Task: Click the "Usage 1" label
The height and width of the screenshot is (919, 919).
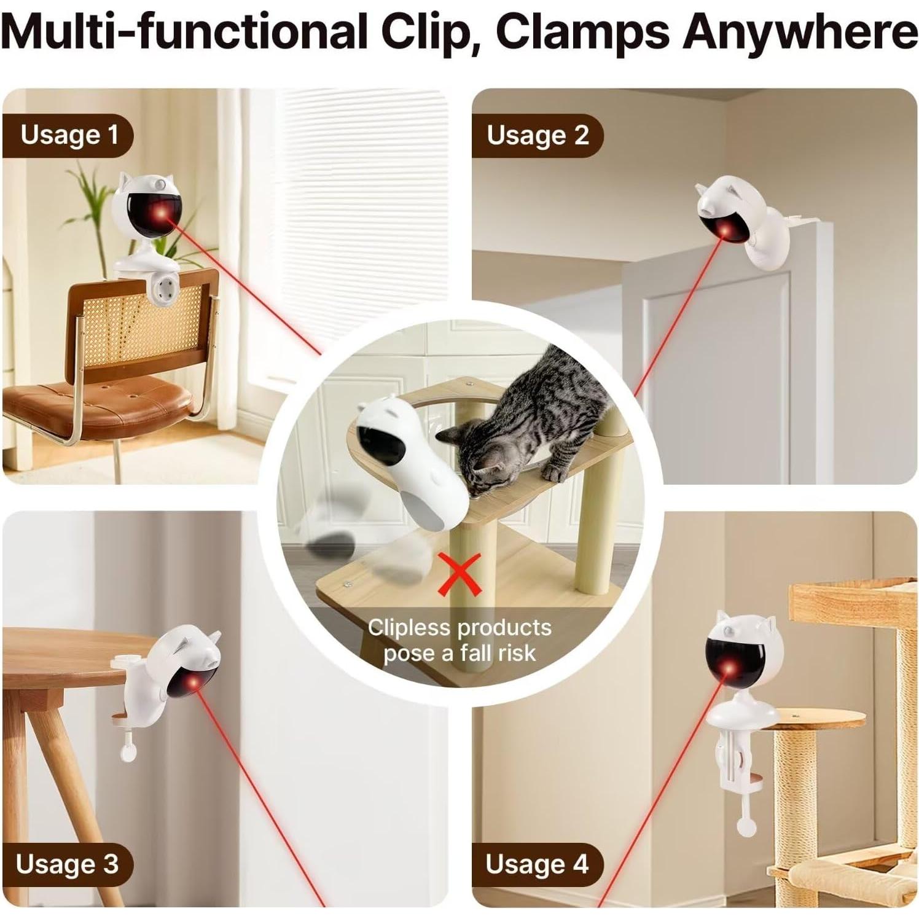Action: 69,135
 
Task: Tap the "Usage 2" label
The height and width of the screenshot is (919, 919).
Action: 538,135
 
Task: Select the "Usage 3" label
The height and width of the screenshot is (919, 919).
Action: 67,864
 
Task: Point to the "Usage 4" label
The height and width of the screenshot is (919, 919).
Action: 537,864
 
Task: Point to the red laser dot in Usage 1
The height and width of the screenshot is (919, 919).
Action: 163,212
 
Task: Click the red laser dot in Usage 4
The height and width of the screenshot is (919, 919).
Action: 729,668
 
